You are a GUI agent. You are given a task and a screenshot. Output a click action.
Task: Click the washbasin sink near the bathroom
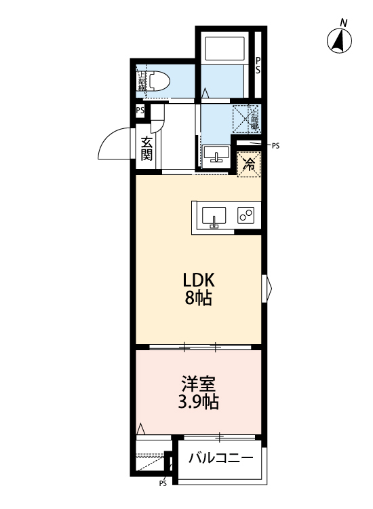click(x=217, y=155)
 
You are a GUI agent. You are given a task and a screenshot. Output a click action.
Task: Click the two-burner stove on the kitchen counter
click(x=246, y=216)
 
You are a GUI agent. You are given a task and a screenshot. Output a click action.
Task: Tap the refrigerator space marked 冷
click(x=249, y=163)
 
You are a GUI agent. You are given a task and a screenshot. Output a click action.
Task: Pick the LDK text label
click(x=198, y=279)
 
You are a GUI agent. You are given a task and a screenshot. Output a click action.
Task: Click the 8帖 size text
click(x=198, y=297)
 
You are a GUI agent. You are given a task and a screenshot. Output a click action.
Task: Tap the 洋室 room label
click(x=198, y=383)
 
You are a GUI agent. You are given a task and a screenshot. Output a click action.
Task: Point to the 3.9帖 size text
click(x=198, y=402)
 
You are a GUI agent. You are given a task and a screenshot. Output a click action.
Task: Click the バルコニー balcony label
click(x=221, y=458)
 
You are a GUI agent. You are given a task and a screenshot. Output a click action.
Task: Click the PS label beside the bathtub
click(x=258, y=65)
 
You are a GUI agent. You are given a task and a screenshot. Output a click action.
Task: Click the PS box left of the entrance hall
click(x=140, y=111)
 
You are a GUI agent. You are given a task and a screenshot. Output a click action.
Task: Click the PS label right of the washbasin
click(x=275, y=145)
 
